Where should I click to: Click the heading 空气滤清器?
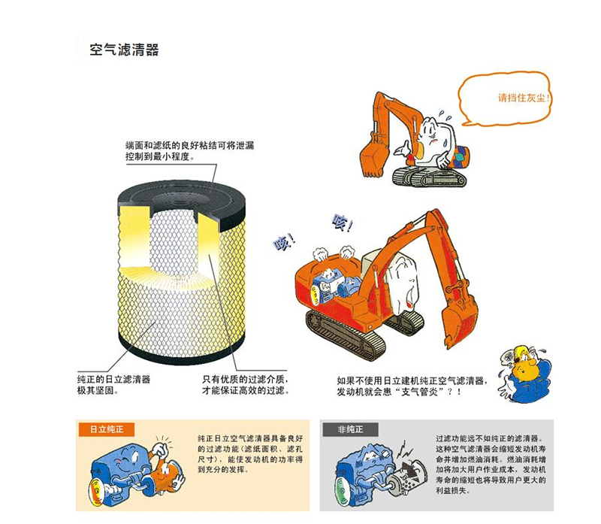click(x=124, y=50)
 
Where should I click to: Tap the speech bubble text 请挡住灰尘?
click(x=524, y=98)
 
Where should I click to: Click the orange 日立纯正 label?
click(x=107, y=429)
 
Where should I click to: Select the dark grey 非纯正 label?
click(x=350, y=429)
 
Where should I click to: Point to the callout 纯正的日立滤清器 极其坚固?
click(x=114, y=385)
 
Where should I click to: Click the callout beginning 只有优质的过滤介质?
click(x=246, y=385)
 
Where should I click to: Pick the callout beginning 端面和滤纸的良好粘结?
click(x=190, y=151)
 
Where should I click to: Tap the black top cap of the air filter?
click(x=182, y=200)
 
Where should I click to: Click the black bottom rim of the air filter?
click(x=182, y=351)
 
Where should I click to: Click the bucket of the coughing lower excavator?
click(x=459, y=323)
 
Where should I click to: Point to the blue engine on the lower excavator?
click(x=334, y=286)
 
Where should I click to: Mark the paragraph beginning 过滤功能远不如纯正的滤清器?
click(x=491, y=464)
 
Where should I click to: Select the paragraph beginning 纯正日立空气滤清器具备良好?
click(x=250, y=454)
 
